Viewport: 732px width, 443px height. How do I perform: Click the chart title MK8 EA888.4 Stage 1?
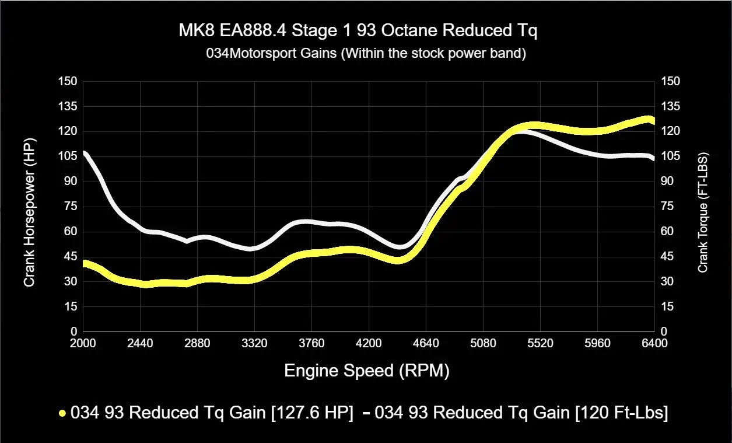click(358, 31)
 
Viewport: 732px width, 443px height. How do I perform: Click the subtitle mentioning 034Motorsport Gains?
click(366, 54)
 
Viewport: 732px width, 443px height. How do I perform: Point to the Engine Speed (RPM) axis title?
click(367, 371)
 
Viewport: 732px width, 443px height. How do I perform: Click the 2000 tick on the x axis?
click(83, 343)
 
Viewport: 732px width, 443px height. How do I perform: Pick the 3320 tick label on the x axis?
click(254, 343)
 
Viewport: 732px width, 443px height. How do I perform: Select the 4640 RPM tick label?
click(426, 343)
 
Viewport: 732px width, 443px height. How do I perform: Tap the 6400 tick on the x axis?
click(654, 343)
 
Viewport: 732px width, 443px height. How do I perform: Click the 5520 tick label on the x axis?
click(540, 343)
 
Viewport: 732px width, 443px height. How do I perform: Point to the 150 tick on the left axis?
click(68, 81)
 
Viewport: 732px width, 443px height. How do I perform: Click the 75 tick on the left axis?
click(71, 206)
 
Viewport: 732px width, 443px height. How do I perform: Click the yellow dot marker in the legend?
click(62, 413)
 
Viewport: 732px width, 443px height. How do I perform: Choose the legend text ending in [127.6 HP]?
click(212, 413)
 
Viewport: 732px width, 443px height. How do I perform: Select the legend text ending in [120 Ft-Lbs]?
click(521, 413)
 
